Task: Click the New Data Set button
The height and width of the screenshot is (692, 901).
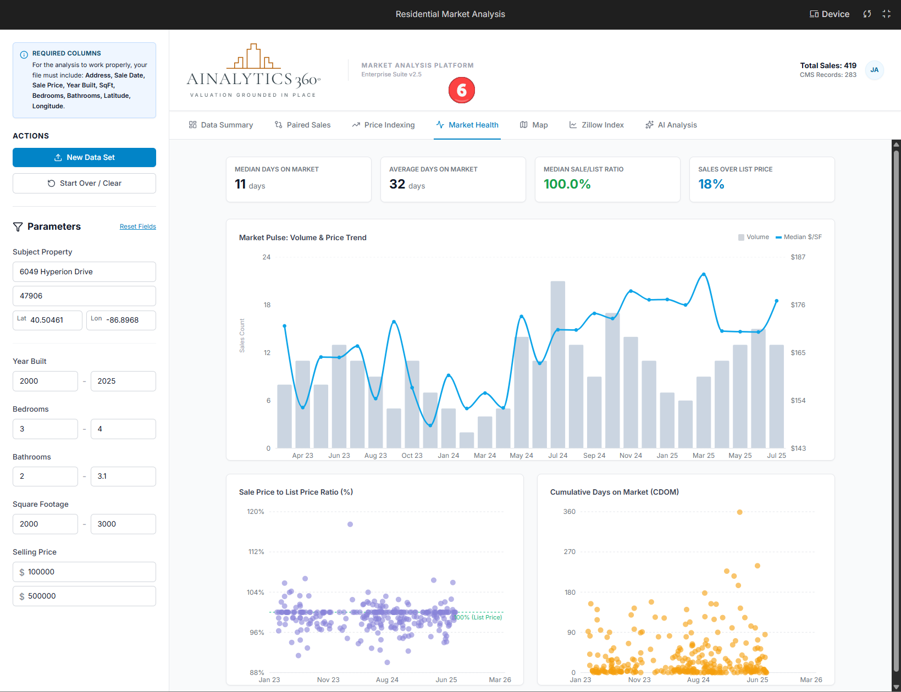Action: click(84, 157)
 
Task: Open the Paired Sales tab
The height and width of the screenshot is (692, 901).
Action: click(302, 125)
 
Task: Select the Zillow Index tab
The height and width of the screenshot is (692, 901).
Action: click(596, 125)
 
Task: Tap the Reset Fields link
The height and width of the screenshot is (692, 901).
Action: click(137, 226)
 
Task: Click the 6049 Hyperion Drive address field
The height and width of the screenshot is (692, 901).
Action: click(84, 272)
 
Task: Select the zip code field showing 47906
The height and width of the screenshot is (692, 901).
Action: click(84, 296)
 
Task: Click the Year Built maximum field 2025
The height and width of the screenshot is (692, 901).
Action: click(123, 381)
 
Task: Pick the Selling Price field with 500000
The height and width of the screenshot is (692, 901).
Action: click(84, 596)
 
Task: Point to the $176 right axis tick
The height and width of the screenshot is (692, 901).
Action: click(798, 305)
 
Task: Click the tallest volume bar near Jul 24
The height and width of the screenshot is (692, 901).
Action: click(557, 363)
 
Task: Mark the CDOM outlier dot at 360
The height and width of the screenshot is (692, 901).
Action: click(739, 512)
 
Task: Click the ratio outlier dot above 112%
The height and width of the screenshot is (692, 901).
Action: click(350, 524)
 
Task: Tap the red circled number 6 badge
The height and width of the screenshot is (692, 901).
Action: click(461, 90)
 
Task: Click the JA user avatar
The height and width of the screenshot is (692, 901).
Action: click(874, 70)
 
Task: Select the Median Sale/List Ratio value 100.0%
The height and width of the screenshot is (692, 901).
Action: click(567, 184)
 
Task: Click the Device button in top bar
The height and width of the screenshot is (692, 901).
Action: click(829, 14)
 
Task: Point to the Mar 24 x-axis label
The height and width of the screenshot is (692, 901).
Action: click(484, 456)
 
